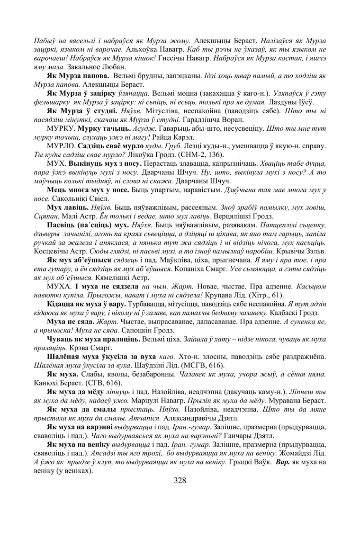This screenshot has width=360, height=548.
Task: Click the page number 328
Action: click(180, 481)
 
